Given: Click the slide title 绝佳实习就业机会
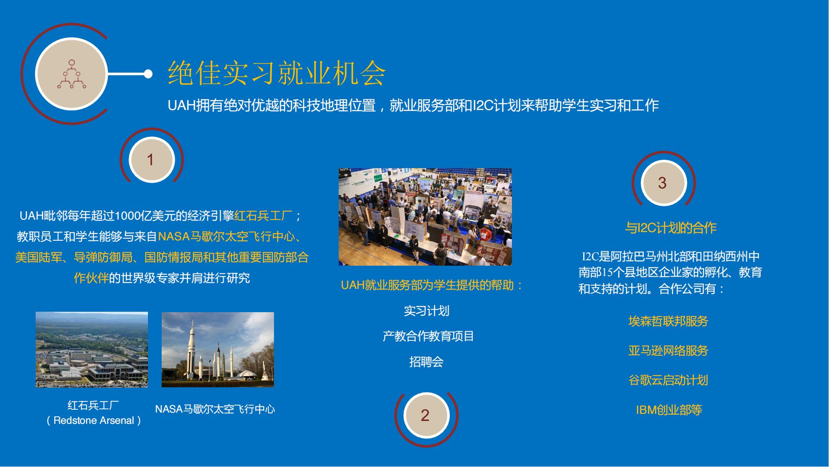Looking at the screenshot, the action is point(277,73).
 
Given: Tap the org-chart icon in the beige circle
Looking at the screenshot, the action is point(72,74).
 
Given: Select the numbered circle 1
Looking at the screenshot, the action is point(151,160).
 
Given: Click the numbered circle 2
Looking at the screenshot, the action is point(426,416).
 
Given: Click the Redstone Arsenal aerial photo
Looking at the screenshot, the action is point(92,350).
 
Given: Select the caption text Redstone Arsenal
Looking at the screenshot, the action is point(94,421).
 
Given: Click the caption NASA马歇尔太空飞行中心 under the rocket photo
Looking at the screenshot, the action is point(215,409).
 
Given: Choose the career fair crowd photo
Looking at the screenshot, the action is point(425,217).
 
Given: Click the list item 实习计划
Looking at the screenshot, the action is point(427,311).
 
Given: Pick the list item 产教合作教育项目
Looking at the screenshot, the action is point(428,336).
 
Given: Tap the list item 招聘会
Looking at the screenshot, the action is point(426,362).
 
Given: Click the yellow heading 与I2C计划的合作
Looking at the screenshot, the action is point(671,228).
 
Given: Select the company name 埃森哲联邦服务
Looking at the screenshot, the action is point(668,321).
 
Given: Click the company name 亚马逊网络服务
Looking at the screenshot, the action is point(668,351).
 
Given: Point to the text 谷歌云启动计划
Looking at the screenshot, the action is point(668,380).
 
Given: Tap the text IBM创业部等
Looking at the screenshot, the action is point(669,410).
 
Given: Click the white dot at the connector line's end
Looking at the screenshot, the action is point(148,74).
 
